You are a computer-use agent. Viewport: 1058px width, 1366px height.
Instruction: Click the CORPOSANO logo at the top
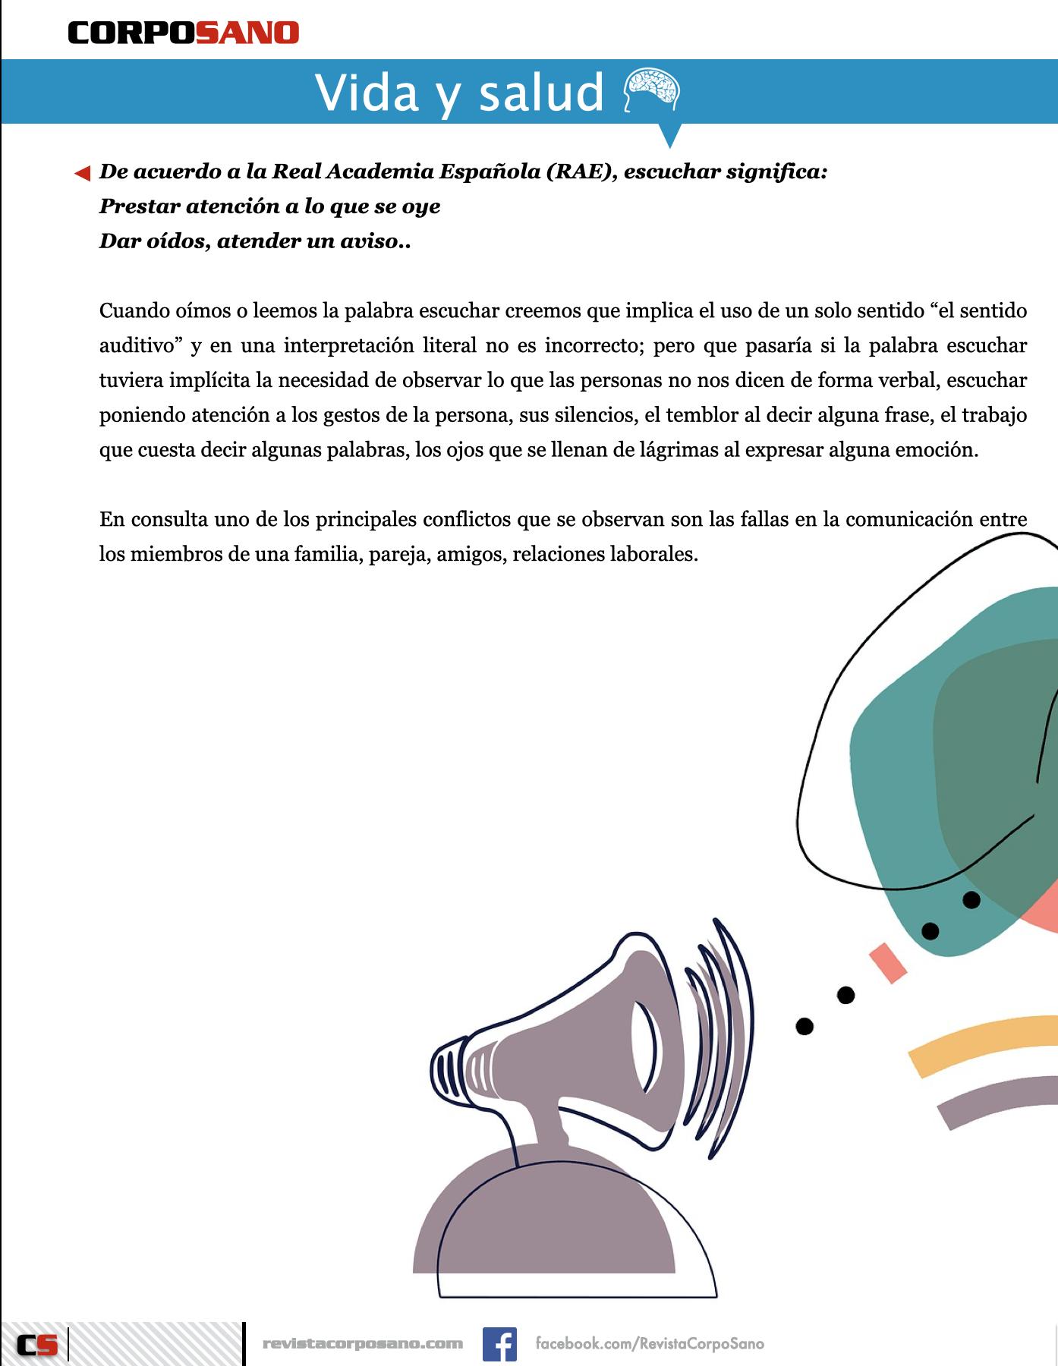(184, 33)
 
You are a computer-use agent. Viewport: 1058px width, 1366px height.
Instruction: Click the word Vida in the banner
(367, 93)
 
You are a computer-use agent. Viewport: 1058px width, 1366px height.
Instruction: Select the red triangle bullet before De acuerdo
(82, 174)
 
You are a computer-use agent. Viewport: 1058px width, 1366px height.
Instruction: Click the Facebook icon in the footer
(499, 1344)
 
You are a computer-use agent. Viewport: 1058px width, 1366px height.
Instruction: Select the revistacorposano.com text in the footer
(362, 1344)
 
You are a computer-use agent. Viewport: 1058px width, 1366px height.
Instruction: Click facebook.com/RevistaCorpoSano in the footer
(650, 1344)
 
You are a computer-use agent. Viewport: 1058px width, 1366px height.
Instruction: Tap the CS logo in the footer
(37, 1345)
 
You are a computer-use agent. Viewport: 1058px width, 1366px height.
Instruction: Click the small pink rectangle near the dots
(888, 962)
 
